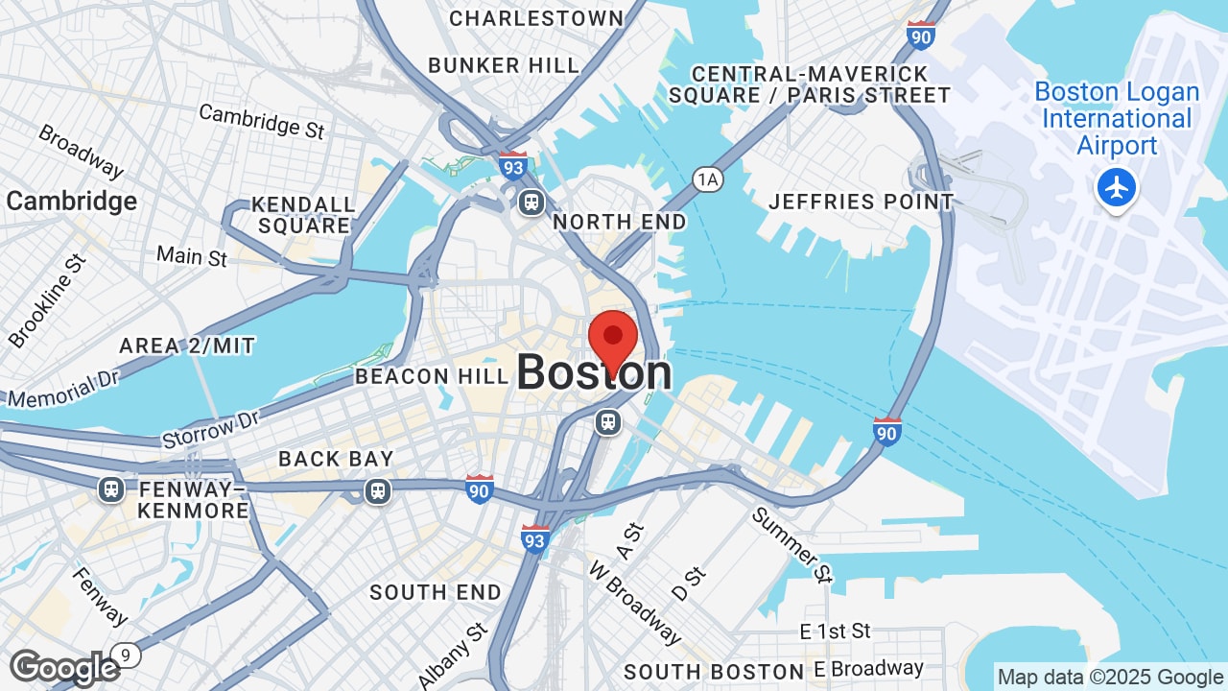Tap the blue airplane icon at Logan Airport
click(x=1116, y=187)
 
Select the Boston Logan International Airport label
click(x=1117, y=119)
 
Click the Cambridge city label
click(x=72, y=202)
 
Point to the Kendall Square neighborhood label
click(x=303, y=215)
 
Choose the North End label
click(x=620, y=222)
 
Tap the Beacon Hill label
click(x=431, y=376)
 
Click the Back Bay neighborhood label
click(x=336, y=459)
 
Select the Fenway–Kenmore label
click(x=194, y=499)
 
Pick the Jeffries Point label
click(x=861, y=202)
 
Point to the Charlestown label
click(x=536, y=18)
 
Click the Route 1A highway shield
click(x=708, y=179)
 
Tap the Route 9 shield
click(x=126, y=655)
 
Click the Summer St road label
click(x=792, y=544)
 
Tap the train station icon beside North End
click(x=531, y=203)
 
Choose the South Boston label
click(x=714, y=672)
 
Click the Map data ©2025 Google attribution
click(x=1110, y=677)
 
